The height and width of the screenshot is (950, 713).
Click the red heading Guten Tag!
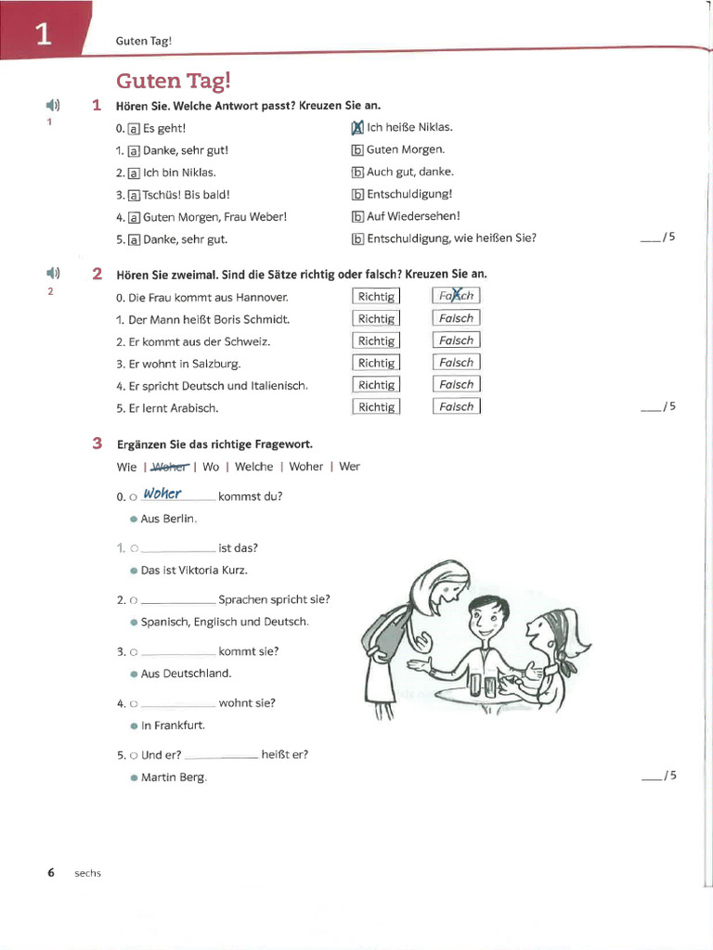click(172, 81)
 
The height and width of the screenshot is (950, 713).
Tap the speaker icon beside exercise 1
click(52, 105)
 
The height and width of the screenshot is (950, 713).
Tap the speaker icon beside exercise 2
click(52, 273)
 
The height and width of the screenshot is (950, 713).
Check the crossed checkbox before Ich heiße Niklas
click(357, 128)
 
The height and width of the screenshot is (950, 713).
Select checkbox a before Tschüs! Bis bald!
click(134, 195)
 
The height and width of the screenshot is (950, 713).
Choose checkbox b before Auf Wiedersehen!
click(357, 217)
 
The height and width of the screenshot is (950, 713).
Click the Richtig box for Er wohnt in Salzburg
click(376, 363)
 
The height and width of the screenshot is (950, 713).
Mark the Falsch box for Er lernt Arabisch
click(456, 406)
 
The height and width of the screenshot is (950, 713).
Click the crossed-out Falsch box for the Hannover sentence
click(456, 296)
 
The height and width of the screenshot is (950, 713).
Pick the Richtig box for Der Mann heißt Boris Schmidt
click(376, 318)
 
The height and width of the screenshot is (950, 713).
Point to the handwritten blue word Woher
click(162, 494)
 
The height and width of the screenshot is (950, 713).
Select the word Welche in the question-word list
click(253, 467)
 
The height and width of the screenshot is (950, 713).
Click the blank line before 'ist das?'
click(177, 549)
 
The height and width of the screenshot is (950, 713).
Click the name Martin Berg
click(174, 777)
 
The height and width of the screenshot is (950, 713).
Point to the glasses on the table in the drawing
click(483, 685)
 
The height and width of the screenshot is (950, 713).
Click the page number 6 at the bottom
click(51, 872)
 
